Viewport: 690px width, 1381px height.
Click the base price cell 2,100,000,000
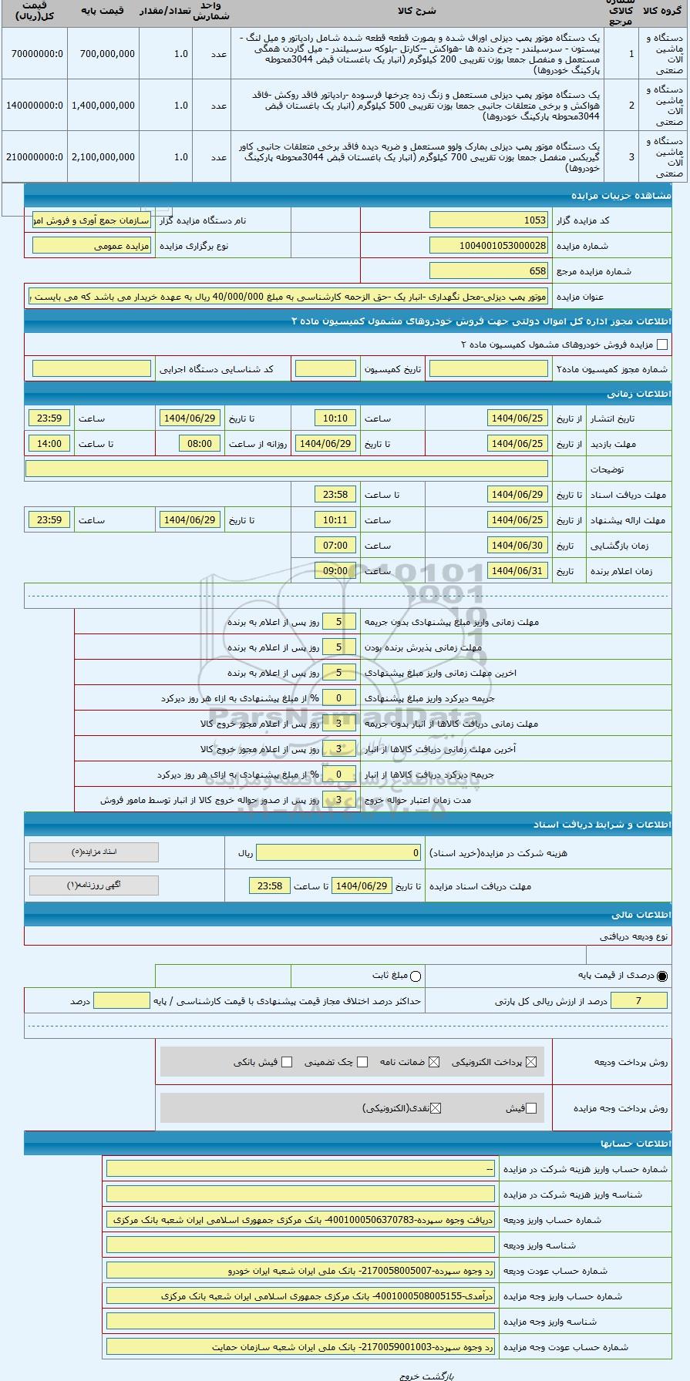103,157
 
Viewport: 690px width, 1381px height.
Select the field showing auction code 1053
489,220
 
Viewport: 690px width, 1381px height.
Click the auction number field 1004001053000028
489,246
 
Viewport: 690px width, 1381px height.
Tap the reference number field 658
489,271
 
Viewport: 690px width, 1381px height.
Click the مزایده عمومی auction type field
92,246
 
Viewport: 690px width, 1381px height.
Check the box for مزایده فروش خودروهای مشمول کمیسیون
661,345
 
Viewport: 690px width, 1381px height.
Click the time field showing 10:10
335,418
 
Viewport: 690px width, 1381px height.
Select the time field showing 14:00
49,444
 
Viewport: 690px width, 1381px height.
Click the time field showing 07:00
335,546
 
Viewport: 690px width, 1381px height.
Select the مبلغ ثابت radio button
416,976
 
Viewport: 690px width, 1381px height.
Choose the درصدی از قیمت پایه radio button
662,976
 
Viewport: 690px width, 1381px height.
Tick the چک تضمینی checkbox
362,1062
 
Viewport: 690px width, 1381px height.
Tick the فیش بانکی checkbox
287,1062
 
